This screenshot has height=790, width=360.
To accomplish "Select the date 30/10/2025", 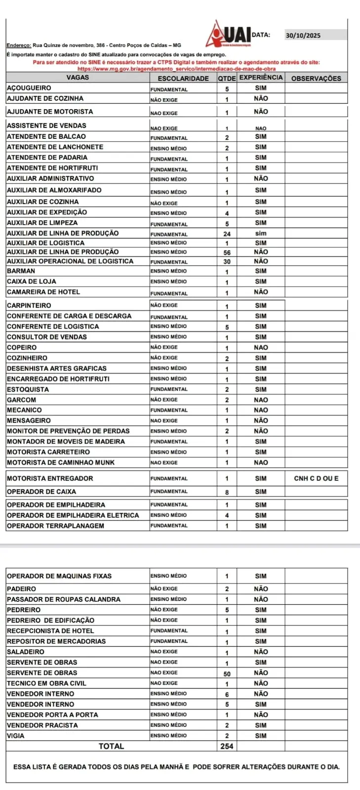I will click(303, 35).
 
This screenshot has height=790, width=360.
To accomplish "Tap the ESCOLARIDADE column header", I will click(183, 79).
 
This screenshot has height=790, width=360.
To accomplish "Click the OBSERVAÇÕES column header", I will click(316, 79).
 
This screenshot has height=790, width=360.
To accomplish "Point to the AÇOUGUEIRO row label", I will click(29, 88).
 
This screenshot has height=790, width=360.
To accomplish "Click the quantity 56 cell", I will click(227, 252).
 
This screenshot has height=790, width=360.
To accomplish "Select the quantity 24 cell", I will click(227, 234).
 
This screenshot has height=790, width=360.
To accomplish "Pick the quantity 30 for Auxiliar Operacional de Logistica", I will click(227, 261).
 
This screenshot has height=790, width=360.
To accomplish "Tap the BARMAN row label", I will click(21, 271).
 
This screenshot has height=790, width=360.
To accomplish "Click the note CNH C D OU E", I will click(316, 478).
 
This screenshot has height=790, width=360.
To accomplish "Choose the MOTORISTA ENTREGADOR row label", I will click(50, 478).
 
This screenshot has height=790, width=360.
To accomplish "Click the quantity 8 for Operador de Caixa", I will click(227, 492).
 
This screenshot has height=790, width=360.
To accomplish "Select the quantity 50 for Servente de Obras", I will click(227, 673).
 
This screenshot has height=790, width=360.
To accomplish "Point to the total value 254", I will click(227, 746).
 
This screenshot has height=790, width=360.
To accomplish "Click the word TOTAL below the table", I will click(112, 746).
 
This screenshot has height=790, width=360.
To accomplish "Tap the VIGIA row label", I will click(16, 736).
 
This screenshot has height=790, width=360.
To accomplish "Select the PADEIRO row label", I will click(22, 589).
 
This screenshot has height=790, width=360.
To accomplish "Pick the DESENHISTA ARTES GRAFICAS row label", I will click(57, 368).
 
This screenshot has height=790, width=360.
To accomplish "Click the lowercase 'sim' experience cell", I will click(261, 234).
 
